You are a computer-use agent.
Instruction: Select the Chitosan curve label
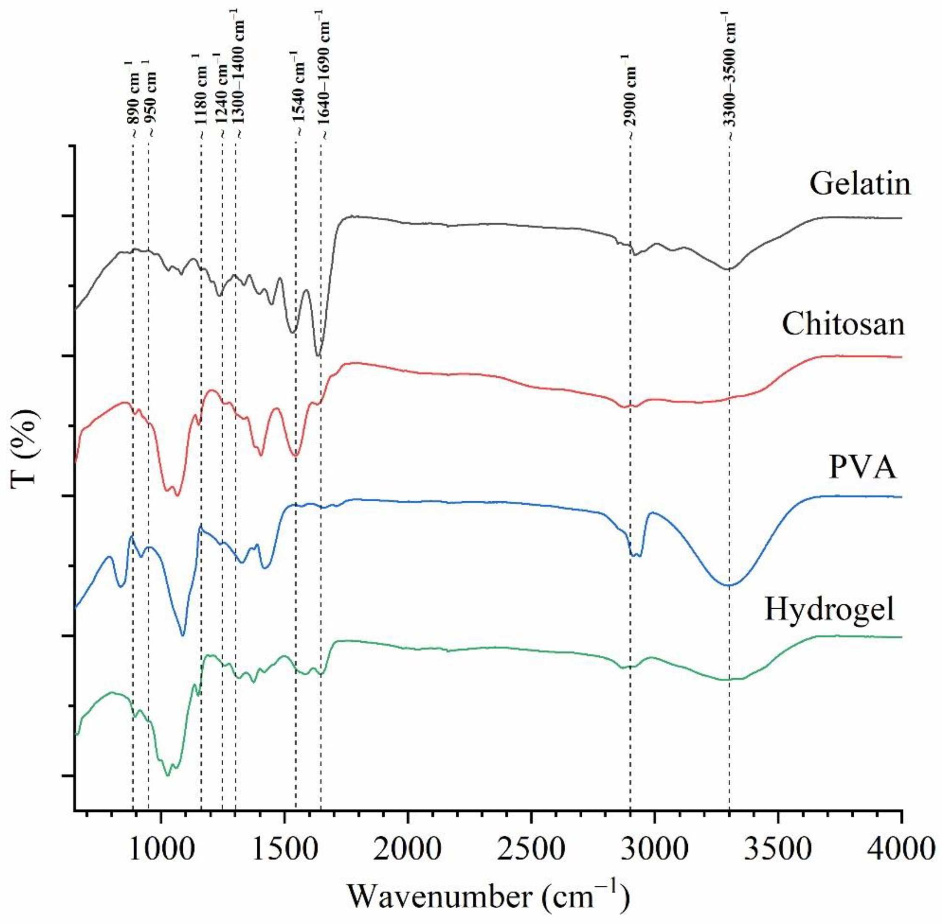(843, 324)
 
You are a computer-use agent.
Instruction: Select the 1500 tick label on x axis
(284, 850)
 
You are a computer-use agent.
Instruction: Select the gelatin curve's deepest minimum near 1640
(318, 356)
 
